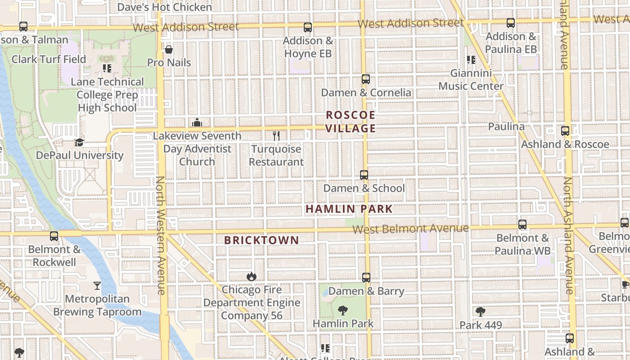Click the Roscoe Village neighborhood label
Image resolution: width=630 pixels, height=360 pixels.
coord(350,121)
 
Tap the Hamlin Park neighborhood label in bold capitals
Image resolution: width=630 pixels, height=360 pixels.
coord(349,209)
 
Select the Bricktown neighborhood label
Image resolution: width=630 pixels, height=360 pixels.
coord(261,240)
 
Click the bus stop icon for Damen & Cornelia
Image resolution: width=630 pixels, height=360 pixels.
coord(365,79)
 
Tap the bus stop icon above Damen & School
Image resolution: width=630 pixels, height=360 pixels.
coord(364,175)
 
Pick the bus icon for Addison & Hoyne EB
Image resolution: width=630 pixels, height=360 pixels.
coord(308,27)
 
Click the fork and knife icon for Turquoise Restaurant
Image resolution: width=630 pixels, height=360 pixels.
coord(276,135)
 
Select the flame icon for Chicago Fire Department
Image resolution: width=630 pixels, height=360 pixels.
coord(251,276)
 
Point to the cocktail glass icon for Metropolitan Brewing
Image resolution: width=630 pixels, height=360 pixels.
coord(97,285)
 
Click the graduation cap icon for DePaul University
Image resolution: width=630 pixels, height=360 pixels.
coord(80,142)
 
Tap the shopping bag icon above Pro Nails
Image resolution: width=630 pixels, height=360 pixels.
coord(169,49)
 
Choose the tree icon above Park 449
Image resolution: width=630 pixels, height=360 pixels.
coord(480,311)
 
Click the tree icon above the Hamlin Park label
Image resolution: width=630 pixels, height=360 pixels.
coord(343,310)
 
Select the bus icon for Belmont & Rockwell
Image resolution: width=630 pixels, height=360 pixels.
coord(54,236)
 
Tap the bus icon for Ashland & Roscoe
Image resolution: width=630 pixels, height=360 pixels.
coord(565,131)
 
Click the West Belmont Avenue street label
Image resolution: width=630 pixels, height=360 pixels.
coord(410,229)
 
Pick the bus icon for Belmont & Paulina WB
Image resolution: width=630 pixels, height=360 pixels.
coord(522,224)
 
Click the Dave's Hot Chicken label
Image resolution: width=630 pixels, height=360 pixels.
coord(164,7)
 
